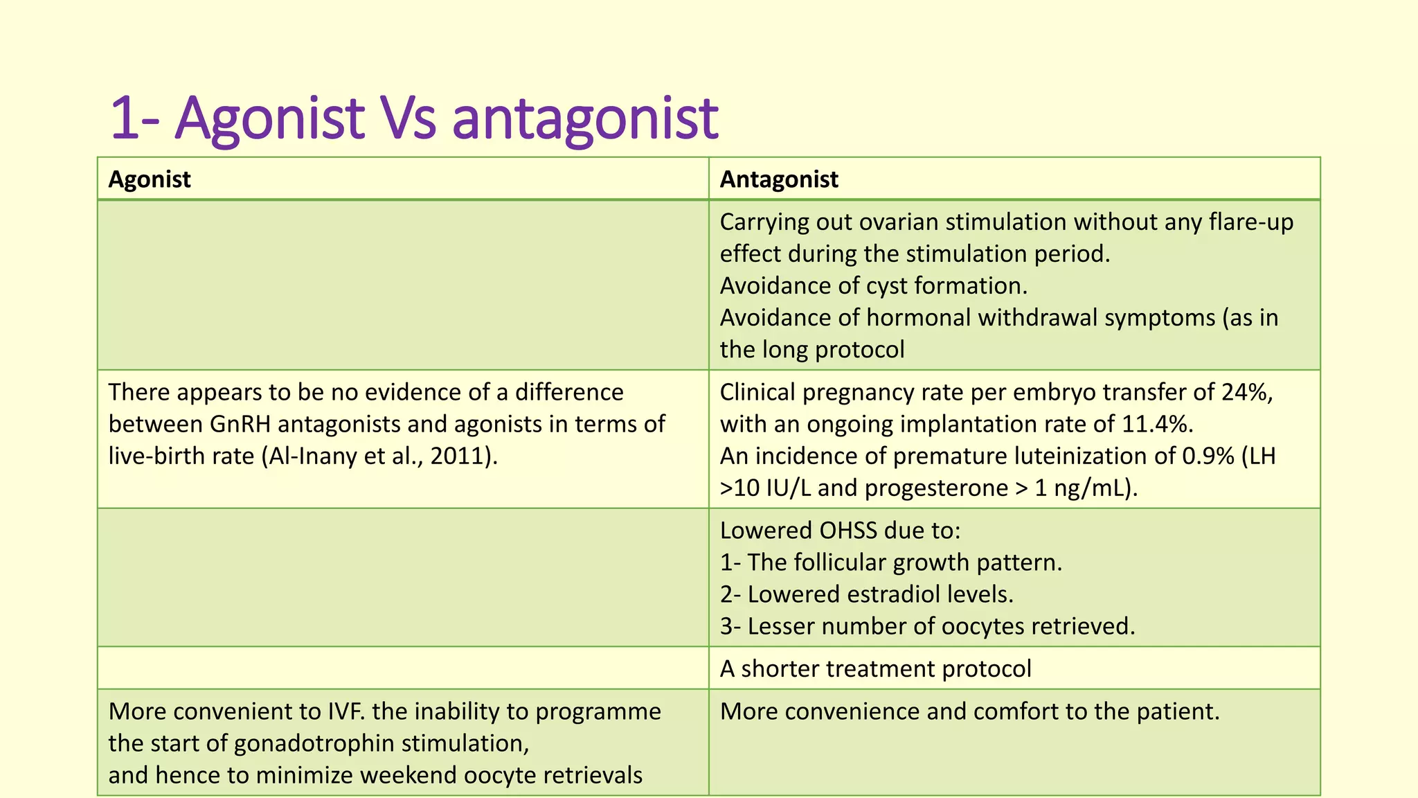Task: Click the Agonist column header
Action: (150, 179)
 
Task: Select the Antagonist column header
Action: (779, 179)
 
